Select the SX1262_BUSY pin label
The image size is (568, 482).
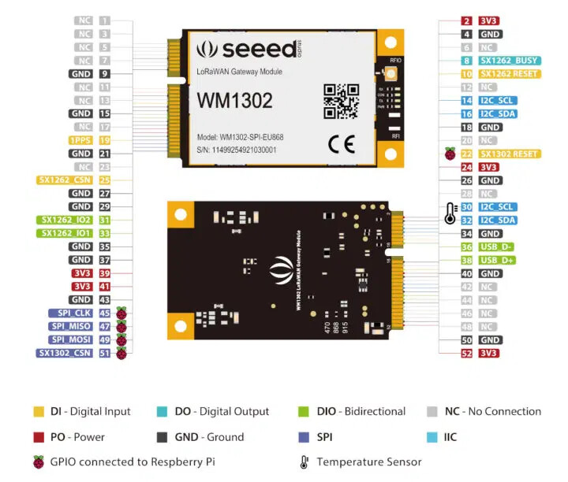(x=508, y=60)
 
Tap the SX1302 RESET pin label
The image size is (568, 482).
(x=510, y=154)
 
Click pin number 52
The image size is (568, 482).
(x=467, y=354)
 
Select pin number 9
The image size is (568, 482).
(x=105, y=73)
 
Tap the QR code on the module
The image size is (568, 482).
(x=341, y=100)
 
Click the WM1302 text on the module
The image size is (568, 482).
(x=235, y=100)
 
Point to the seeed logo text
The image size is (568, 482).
(x=257, y=49)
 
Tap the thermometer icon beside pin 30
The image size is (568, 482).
(x=450, y=212)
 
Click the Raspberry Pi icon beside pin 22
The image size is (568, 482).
(x=450, y=154)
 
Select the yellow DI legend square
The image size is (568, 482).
(x=38, y=411)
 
